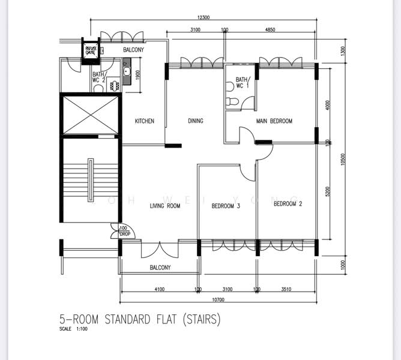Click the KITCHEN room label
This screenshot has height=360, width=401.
point(144,121)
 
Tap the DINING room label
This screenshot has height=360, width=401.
point(196,121)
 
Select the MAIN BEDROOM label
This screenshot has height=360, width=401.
point(274,121)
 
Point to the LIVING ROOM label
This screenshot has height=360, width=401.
point(165,206)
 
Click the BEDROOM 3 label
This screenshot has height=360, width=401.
point(226,206)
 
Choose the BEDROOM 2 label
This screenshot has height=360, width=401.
point(288,204)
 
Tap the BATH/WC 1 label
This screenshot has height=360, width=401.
point(241,82)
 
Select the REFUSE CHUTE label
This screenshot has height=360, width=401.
point(91,50)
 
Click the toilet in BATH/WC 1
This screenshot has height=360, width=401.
point(230,103)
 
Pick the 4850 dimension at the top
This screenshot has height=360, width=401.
point(270,29)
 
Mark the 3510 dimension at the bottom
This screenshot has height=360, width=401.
point(286,290)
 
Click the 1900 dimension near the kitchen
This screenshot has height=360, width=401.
point(137,75)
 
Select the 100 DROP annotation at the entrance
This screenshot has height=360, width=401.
point(124,231)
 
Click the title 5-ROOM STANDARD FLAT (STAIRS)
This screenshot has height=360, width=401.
point(140,319)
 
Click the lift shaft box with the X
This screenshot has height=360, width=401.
point(88,114)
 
